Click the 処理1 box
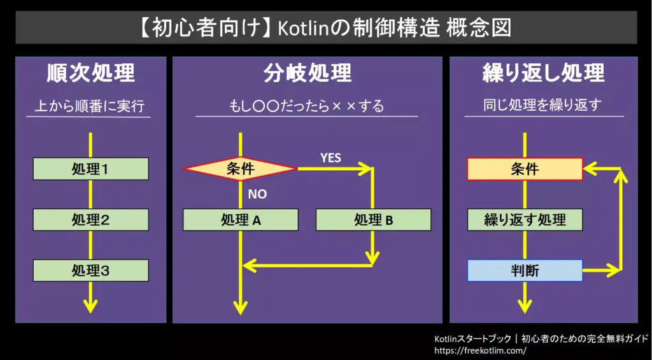[90, 169]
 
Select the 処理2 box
[90, 219]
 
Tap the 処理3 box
[90, 271]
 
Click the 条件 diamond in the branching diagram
[240, 169]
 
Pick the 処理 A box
[240, 220]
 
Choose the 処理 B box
[373, 220]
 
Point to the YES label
[330, 158]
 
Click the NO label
[257, 194]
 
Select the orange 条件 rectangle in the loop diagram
[525, 169]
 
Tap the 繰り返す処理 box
[525, 220]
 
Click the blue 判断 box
[525, 271]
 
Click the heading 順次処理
[90, 74]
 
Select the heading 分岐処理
[308, 74]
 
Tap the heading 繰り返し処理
[543, 74]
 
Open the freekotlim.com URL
[480, 350]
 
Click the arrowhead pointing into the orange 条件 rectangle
[589, 169]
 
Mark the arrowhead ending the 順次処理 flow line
[90, 306]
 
